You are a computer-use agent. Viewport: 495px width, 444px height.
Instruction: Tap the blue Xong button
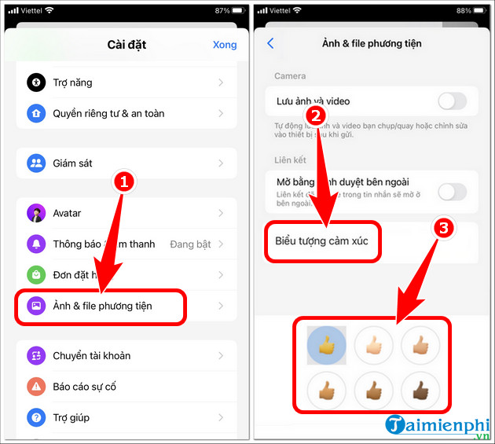pos(224,45)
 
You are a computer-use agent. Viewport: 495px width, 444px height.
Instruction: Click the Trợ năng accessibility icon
pos(37,83)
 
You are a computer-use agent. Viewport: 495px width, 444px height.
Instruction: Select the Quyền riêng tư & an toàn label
pos(108,113)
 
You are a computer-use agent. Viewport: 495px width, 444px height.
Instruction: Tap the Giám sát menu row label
pos(72,163)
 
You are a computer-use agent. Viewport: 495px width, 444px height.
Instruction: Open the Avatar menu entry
pos(67,213)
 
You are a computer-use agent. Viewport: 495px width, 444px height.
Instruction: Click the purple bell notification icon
pos(37,244)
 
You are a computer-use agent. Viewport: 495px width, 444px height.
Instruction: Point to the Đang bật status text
pos(191,244)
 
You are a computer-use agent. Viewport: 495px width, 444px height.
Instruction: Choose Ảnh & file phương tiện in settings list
pos(102,306)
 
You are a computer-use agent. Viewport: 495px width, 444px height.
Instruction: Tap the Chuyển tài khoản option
pos(91,356)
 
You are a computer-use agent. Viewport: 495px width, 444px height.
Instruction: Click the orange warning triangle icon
pos(37,387)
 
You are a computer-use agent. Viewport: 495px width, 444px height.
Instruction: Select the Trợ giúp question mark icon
pos(37,417)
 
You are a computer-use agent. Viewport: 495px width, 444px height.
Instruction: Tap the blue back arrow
pos(271,43)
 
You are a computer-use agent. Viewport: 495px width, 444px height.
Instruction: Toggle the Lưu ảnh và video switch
pos(452,101)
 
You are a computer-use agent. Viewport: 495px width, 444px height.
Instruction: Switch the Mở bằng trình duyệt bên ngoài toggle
pos(452,191)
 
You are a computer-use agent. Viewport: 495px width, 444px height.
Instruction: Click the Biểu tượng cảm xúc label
pos(322,240)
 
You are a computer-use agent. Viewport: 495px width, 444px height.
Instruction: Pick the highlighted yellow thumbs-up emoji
pos(325,345)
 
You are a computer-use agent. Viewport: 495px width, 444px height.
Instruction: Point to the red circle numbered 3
pos(444,229)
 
